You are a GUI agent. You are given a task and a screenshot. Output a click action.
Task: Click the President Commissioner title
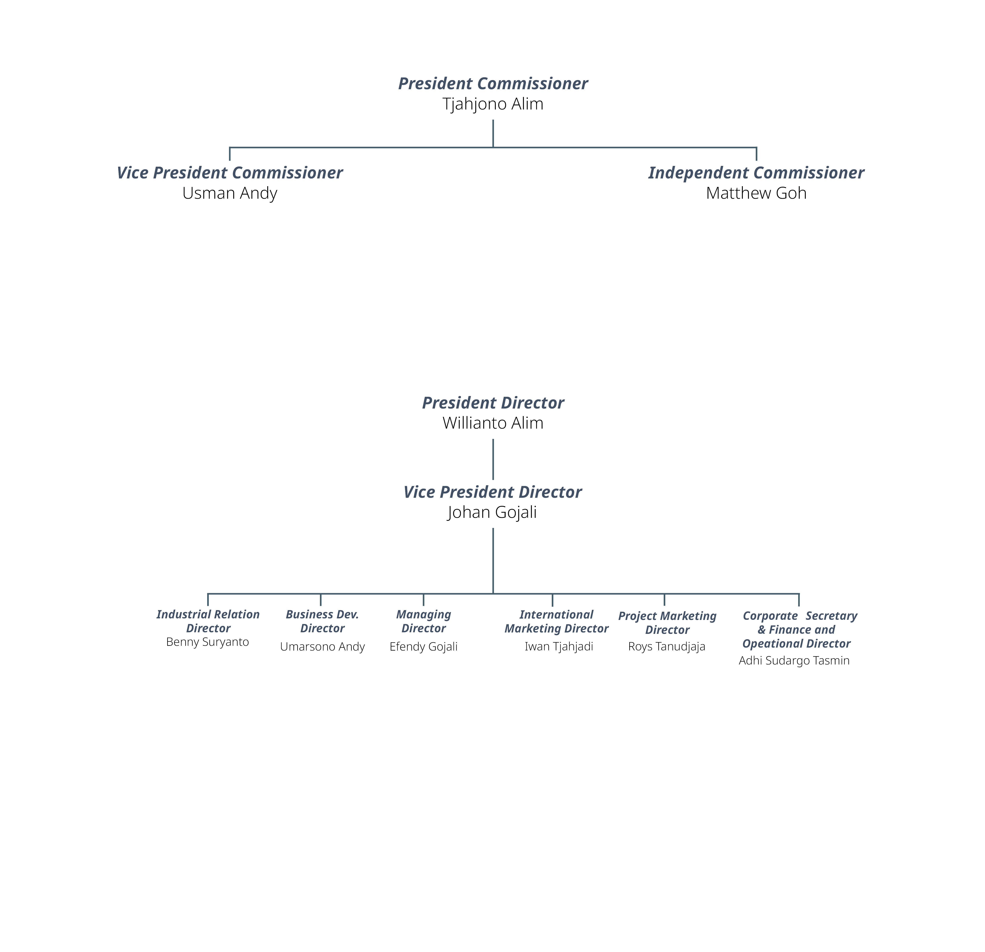493,83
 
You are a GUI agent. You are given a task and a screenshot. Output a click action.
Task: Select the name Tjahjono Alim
493,104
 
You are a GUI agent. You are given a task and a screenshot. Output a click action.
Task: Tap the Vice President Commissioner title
230,173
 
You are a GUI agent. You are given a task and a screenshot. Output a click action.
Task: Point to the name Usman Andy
230,193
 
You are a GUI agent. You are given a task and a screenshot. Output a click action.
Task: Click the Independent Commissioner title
756,173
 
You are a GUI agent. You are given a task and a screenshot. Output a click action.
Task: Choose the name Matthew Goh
756,193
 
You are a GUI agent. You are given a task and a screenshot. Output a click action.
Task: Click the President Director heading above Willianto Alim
493,403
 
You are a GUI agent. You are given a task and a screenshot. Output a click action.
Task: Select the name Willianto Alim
493,423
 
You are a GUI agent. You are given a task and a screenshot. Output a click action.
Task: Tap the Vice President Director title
493,492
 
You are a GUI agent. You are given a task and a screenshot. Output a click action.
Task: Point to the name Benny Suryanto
208,642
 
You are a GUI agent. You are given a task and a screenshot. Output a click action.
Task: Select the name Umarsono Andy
323,647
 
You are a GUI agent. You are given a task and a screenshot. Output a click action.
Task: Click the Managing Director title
424,622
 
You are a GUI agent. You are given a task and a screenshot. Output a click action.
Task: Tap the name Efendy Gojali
424,647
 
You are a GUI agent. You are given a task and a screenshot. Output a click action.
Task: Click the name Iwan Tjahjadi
559,647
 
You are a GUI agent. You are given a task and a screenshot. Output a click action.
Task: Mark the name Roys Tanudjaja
667,647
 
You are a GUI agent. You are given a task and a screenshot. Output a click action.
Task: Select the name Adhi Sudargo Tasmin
794,661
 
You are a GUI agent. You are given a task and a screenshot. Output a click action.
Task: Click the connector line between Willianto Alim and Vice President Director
493,459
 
